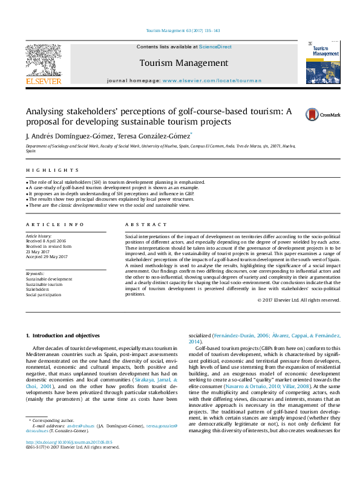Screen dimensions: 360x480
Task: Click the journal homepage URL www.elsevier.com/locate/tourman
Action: [212, 80]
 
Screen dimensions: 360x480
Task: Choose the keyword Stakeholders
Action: [38, 290]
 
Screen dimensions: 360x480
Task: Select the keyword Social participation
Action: [44, 295]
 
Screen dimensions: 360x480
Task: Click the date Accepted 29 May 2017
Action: [47, 257]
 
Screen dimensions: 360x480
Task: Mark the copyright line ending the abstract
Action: [298, 300]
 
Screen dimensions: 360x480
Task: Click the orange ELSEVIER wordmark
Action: [43, 80]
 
